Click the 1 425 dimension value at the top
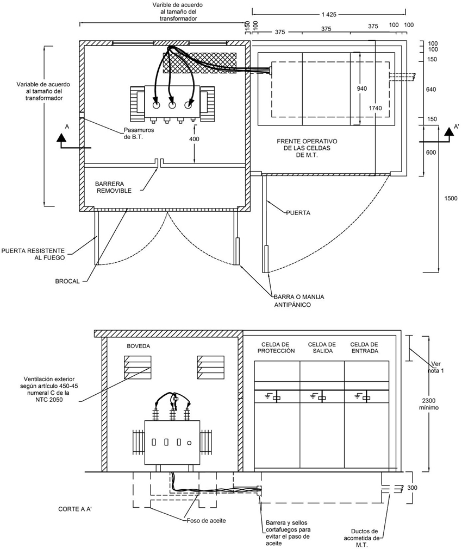pyautogui.click(x=328, y=14)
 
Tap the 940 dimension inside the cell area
pyautogui.click(x=362, y=89)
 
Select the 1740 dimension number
pyautogui.click(x=375, y=108)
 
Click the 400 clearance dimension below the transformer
pyautogui.click(x=194, y=139)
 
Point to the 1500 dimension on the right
pyautogui.click(x=451, y=198)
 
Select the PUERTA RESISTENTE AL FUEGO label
pyautogui.click(x=33, y=254)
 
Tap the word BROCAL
pyautogui.click(x=67, y=281)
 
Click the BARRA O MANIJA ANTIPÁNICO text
pyautogui.click(x=299, y=301)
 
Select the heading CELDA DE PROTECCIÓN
pyautogui.click(x=276, y=348)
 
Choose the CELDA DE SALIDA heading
pyautogui.click(x=322, y=348)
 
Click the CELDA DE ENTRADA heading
pyautogui.click(x=365, y=348)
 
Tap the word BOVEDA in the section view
pyautogui.click(x=138, y=346)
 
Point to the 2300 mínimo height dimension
pyautogui.click(x=429, y=404)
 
